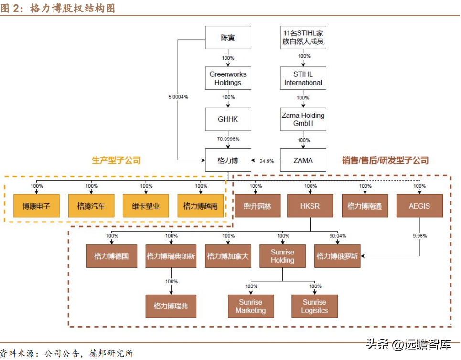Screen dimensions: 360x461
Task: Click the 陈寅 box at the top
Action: [228, 38]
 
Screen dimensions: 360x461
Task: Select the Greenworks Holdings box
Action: [228, 78]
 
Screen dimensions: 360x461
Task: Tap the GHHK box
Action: [228, 119]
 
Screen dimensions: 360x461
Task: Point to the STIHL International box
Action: [303, 78]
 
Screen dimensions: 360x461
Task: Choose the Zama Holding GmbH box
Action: [303, 119]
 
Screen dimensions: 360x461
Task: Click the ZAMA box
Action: [303, 160]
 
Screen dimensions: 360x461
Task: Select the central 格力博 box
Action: [228, 160]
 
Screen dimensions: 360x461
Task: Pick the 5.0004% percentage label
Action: [178, 97]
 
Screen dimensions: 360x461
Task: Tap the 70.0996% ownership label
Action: [228, 139]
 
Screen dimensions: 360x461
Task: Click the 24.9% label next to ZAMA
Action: [267, 161]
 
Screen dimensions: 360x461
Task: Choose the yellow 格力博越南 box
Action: [201, 206]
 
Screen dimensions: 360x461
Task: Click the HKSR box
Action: [310, 206]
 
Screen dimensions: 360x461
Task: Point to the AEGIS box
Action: [419, 206]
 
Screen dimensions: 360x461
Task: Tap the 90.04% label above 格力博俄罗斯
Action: [337, 236]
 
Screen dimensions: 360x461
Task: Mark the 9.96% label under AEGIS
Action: [419, 236]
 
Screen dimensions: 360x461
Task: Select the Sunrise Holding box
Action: [282, 256]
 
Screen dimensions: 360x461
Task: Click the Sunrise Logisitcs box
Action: [314, 306]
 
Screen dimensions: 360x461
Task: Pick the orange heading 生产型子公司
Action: [116, 160]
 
